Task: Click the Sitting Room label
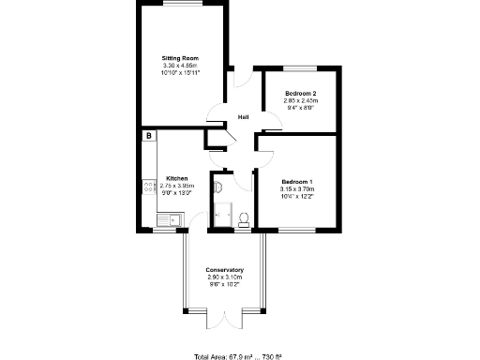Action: [x=180, y=58]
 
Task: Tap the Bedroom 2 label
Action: [x=301, y=94]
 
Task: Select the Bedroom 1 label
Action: [x=297, y=181]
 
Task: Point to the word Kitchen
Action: [x=177, y=178]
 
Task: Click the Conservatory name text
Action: [x=225, y=270]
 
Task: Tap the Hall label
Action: [x=243, y=117]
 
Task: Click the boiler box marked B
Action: [x=148, y=136]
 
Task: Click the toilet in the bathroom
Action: [x=244, y=219]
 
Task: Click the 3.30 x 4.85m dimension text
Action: [x=180, y=65]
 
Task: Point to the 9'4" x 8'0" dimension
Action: [x=301, y=107]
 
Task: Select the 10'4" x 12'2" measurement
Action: [x=297, y=194]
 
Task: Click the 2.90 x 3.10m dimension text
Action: [x=225, y=277]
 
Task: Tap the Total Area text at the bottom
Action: [x=239, y=356]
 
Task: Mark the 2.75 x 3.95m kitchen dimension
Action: [x=177, y=185]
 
